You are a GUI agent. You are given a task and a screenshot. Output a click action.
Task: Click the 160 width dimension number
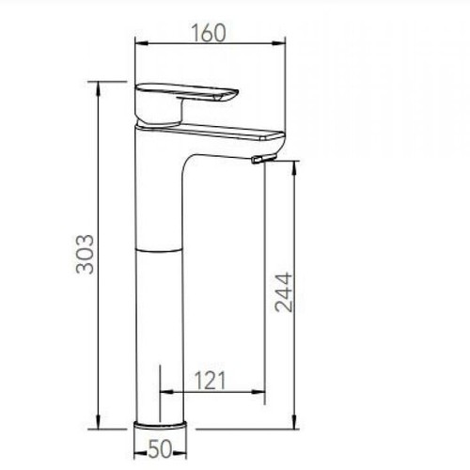coord(209,32)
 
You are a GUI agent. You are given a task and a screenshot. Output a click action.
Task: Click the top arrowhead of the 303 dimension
coord(97,86)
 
